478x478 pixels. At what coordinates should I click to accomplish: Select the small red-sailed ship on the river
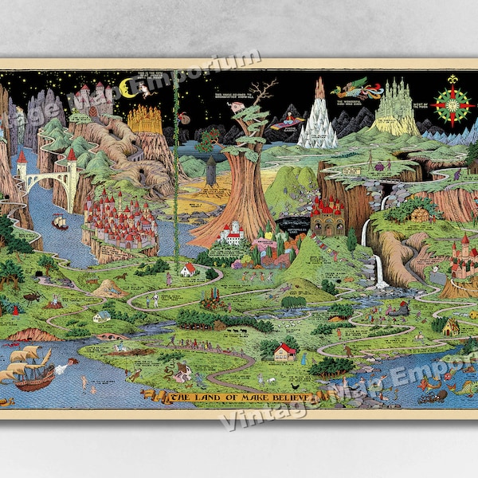point(60,223)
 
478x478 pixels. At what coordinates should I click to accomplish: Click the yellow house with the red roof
point(284,351)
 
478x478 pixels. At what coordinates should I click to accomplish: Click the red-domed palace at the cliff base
point(327,215)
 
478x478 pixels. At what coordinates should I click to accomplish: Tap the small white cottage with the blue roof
point(102,316)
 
